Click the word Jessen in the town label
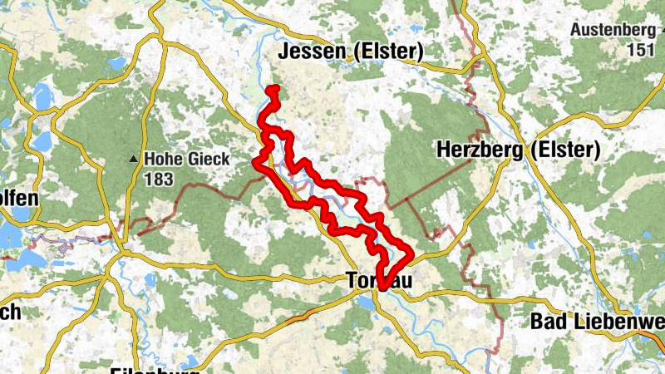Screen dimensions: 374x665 [311, 52]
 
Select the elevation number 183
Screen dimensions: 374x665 [161, 177]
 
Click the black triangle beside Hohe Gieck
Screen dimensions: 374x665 [133, 158]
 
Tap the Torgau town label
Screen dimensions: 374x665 [377, 283]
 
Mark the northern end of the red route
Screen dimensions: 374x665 [273, 88]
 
